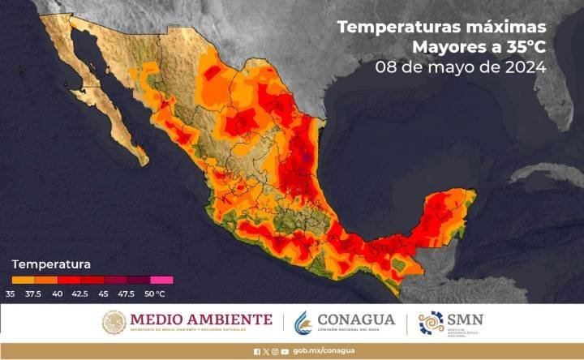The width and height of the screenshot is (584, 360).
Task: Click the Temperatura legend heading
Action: point(51,264)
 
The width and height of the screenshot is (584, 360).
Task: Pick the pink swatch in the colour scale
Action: point(161,280)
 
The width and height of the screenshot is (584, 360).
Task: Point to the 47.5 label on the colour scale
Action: point(127,293)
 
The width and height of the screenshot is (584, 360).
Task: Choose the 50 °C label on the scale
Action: point(155,293)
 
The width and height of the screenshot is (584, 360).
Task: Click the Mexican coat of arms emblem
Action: point(114,322)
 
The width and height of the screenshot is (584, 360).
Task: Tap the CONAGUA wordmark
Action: point(357,319)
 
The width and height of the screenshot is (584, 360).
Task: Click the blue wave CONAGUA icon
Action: point(304,322)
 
